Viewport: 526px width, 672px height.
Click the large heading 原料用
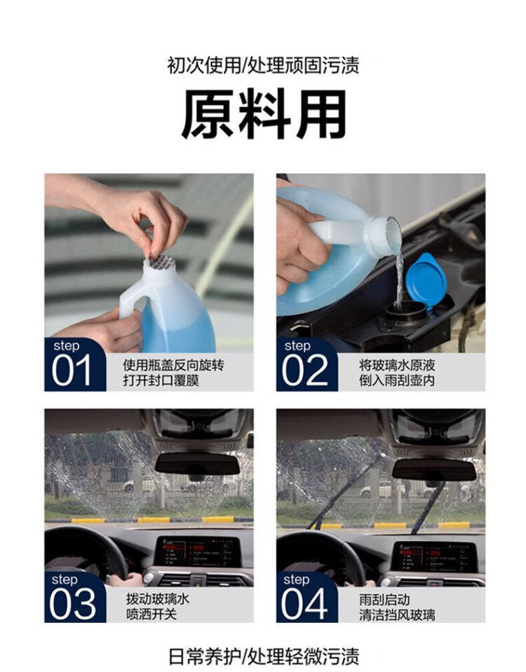tap(264, 114)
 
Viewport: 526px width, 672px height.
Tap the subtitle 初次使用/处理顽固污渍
tap(263, 66)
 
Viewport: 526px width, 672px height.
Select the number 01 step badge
tap(74, 364)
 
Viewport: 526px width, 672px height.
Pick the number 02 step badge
tap(306, 364)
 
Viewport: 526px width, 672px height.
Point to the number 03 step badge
tap(74, 598)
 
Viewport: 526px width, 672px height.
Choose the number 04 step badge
tap(306, 598)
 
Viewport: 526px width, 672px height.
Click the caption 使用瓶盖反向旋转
tap(173, 365)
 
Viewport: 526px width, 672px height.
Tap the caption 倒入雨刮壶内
tap(397, 380)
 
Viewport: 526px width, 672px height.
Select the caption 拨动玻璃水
tap(158, 598)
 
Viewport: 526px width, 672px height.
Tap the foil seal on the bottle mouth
tap(160, 263)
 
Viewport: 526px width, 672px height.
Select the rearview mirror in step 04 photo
tap(433, 469)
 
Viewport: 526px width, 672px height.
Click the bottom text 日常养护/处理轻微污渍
tap(263, 657)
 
